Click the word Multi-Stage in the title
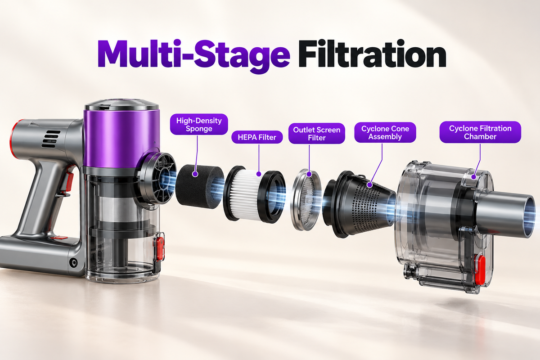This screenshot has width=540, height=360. tap(194, 56)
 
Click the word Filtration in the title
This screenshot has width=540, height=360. tap(372, 54)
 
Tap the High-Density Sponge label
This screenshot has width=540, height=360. tap(199, 124)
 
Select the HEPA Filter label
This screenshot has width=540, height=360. tap(257, 137)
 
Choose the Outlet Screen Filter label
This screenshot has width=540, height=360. tap(317, 134)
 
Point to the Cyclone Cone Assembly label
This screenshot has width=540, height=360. tap(385, 132)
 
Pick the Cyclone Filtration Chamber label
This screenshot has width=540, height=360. tap(480, 132)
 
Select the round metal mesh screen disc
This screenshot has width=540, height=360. tap(306, 200)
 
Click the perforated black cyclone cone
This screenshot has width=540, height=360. tap(360, 204)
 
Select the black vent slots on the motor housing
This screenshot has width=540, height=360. tap(51, 139)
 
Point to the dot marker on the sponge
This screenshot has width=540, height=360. tap(195, 174)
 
